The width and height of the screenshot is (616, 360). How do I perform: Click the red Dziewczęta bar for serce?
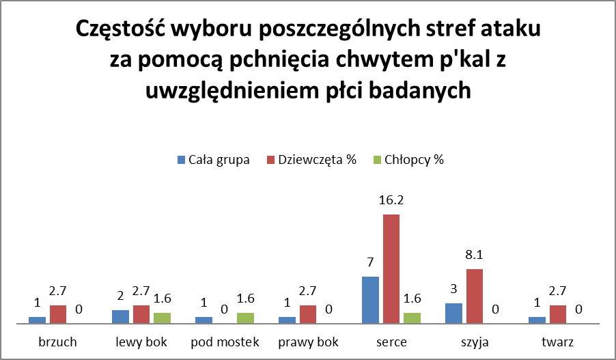(391, 269)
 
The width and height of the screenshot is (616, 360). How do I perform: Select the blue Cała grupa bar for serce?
(370, 300)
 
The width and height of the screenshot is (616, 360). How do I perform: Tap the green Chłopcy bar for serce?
(412, 318)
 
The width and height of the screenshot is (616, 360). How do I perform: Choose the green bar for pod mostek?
(245, 318)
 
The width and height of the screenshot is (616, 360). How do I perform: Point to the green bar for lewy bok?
(162, 318)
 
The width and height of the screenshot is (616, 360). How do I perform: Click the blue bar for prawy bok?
(287, 320)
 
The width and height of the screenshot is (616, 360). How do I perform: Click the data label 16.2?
(391, 201)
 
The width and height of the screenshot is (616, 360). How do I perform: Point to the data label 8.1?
(475, 255)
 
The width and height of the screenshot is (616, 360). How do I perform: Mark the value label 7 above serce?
(370, 262)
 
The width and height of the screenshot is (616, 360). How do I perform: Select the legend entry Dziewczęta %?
(310, 160)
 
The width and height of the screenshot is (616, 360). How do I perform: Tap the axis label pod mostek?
(225, 342)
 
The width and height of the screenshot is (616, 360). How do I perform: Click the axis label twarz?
(558, 342)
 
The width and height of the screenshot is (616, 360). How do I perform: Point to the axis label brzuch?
(58, 342)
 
